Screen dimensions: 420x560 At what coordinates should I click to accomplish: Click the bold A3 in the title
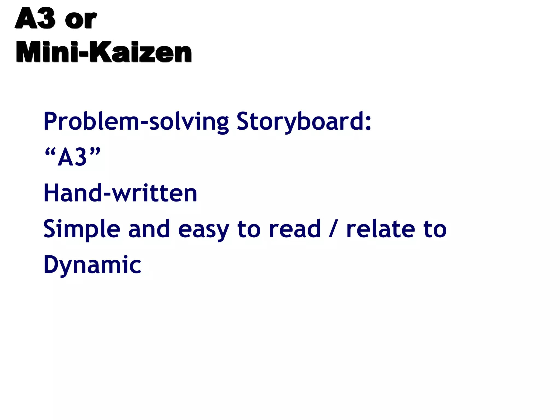[x=35, y=18]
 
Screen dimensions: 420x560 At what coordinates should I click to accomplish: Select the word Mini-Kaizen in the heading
[x=104, y=52]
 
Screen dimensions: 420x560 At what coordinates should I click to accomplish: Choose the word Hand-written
[x=120, y=193]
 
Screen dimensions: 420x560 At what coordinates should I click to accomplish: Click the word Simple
[x=82, y=229]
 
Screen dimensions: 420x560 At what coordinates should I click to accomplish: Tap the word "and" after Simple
[x=149, y=229]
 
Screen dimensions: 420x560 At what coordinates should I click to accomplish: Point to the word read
[x=294, y=229]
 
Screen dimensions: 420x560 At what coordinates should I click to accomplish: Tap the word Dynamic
[x=92, y=265]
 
